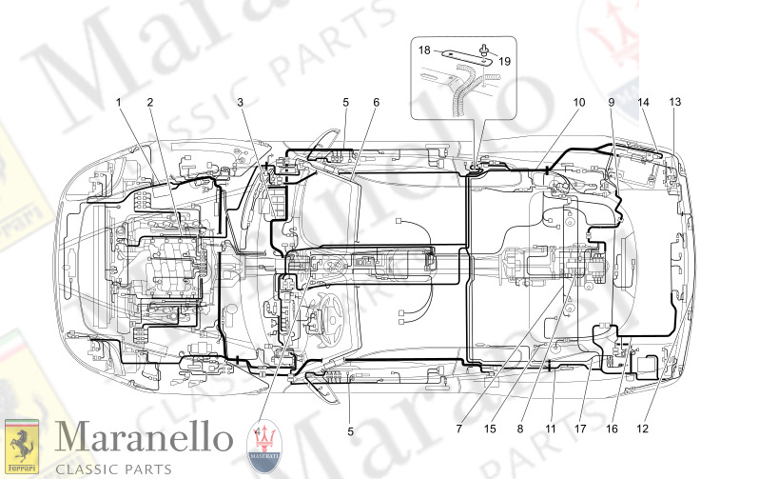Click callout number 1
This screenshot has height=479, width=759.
120,101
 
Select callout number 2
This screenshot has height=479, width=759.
150,101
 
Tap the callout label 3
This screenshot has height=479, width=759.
241,101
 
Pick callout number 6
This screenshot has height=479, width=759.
377,101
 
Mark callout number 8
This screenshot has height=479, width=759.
520,429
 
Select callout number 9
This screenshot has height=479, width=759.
612,101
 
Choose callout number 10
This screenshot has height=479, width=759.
579,101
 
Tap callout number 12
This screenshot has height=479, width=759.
643,429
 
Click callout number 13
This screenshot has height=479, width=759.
674,101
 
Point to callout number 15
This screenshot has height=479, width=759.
490,429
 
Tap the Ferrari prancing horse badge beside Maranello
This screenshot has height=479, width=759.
23,445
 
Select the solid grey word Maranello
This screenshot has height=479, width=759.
143,439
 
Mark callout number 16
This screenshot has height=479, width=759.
612,429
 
